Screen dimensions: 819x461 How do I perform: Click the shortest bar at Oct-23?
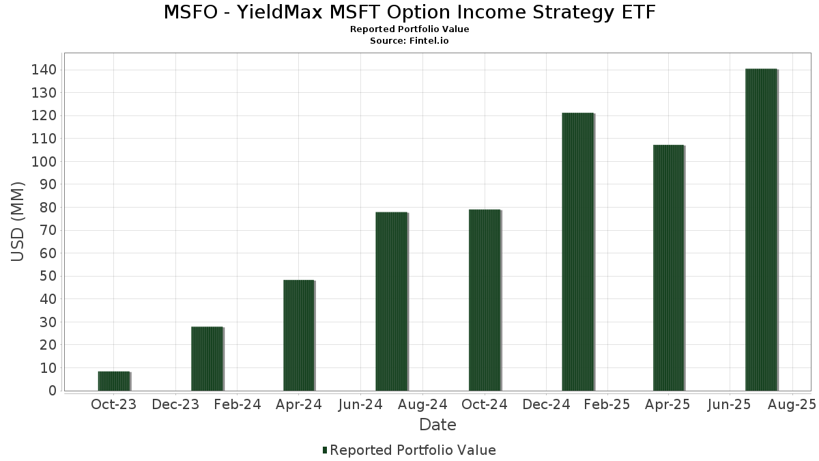(x=114, y=381)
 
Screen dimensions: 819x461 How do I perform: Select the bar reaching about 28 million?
(x=207, y=359)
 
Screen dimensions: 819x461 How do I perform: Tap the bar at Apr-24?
(x=299, y=335)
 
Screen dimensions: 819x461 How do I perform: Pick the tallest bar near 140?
(x=761, y=229)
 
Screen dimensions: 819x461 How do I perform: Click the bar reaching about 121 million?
(x=578, y=252)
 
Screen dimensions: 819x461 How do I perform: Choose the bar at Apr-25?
(x=669, y=268)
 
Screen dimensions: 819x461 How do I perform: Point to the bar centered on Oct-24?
(x=485, y=300)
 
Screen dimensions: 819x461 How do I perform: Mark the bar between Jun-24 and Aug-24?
(x=392, y=301)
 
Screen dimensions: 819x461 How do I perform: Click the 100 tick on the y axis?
(x=44, y=161)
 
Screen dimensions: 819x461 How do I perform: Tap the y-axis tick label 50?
(x=48, y=276)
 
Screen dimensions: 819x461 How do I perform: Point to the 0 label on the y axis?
(x=53, y=391)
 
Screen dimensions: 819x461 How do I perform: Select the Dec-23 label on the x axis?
(x=175, y=404)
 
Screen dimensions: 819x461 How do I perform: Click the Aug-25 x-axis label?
(x=792, y=404)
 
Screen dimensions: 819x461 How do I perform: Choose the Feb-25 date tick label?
(x=607, y=404)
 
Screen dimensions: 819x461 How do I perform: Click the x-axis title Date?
(x=437, y=425)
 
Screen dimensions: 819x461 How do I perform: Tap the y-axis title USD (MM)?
(x=17, y=222)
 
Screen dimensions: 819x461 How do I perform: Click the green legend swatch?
(x=325, y=450)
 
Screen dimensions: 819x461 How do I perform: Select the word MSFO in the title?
(x=190, y=12)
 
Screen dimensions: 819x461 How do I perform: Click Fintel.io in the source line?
(x=429, y=40)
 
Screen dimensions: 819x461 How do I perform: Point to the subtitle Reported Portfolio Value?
(x=409, y=29)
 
